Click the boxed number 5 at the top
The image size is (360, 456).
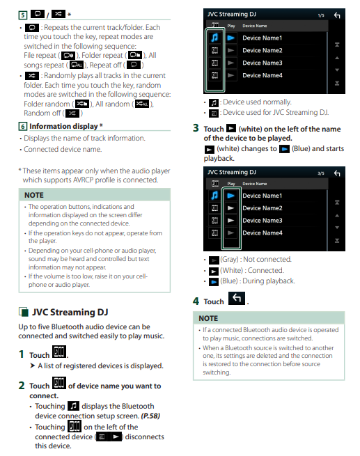click(x=23, y=15)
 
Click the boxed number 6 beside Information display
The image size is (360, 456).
click(x=23, y=126)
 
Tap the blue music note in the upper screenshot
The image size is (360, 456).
click(x=214, y=38)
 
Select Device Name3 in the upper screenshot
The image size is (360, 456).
click(x=263, y=63)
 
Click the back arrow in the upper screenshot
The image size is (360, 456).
click(x=337, y=15)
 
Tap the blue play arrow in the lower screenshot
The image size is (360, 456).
click(x=231, y=196)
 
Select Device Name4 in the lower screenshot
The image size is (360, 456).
click(x=263, y=233)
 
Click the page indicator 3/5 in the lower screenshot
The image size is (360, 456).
click(x=321, y=173)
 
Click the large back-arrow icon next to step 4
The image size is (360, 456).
click(x=237, y=299)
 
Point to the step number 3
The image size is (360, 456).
click(x=196, y=128)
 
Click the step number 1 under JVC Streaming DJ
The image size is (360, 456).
click(x=21, y=354)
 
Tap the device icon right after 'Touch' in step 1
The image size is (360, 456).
click(x=59, y=352)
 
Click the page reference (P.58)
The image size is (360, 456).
click(x=150, y=416)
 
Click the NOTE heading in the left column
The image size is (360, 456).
click(x=34, y=195)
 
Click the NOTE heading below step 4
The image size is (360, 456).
click(x=208, y=318)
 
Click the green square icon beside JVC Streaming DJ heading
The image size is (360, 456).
click(x=24, y=312)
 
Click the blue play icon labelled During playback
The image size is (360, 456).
click(x=214, y=282)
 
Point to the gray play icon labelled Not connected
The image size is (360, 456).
click(x=214, y=260)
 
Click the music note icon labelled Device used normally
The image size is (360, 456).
click(x=214, y=102)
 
